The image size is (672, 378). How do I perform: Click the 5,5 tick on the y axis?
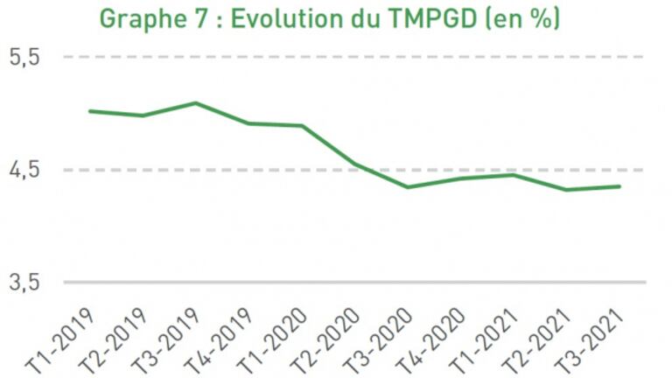click(25, 58)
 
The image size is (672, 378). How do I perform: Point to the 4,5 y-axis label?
click(25, 170)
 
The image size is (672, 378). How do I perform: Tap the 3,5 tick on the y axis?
click(25, 283)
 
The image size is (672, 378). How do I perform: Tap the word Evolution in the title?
click(287, 18)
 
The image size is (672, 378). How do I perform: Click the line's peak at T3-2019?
click(195, 103)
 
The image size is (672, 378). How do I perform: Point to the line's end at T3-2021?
click(620, 186)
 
